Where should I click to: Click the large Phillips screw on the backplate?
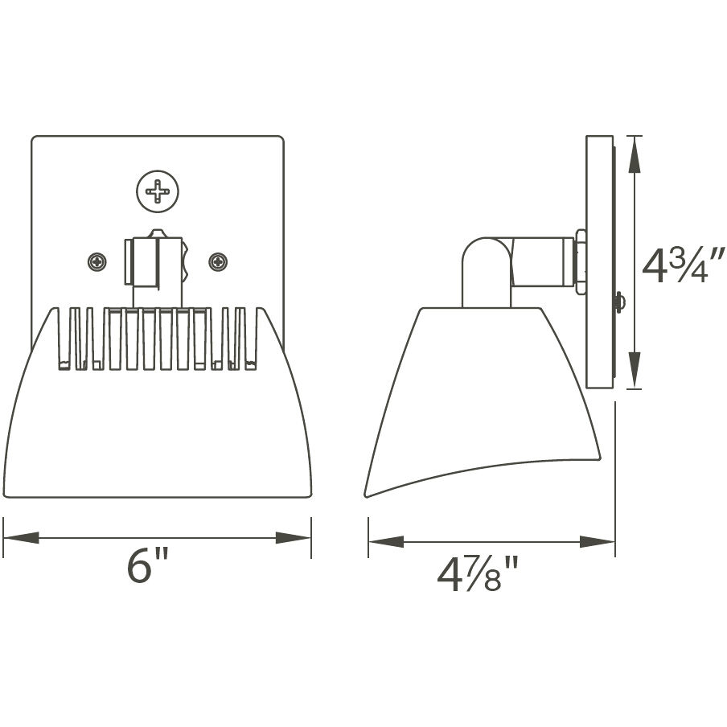pos(158,191)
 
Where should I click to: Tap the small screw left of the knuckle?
pos(97,261)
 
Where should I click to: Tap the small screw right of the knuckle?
pos(218,261)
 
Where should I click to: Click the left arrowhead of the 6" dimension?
pos(20,538)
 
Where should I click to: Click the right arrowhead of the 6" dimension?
pos(294,538)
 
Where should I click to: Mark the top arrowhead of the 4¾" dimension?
pos(635,154)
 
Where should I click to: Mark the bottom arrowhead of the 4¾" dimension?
pos(635,372)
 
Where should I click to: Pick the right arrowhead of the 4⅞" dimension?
pos(598,542)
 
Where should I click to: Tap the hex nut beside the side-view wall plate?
pos(581,259)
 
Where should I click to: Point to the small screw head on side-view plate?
pos(619,302)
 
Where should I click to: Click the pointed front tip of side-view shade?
pos(367,495)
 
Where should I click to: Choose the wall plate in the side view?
pos(599,261)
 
